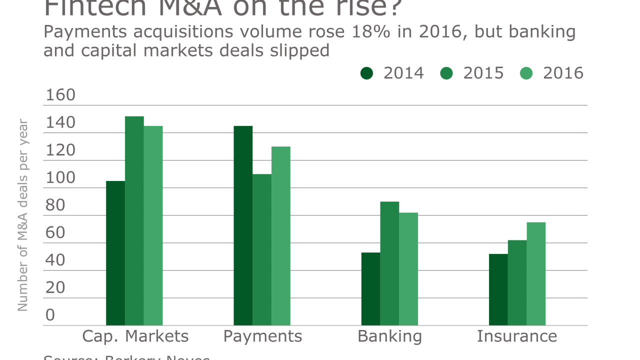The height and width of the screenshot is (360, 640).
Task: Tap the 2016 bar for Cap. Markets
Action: [x=153, y=225]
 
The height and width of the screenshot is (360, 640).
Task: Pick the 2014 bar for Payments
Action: [x=243, y=225]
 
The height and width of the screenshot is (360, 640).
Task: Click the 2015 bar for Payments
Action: [x=262, y=249]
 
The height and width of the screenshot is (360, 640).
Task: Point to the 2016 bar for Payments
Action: [x=281, y=236]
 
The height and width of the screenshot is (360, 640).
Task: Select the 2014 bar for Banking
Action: [x=370, y=289]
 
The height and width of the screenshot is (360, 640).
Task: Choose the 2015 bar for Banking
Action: [x=389, y=263]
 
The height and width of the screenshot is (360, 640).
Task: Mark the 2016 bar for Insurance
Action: [x=536, y=274]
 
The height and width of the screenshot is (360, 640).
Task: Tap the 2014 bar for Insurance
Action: [x=498, y=289]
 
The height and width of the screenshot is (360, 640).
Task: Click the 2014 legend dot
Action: [x=367, y=73]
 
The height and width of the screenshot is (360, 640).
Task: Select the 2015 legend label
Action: [x=483, y=73]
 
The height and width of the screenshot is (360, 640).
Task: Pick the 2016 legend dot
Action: [x=526, y=73]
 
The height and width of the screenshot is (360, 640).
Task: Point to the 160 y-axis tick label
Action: [x=60, y=95]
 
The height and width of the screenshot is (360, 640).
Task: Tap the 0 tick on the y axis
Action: [x=50, y=315]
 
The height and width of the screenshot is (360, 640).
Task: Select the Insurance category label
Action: [x=516, y=336]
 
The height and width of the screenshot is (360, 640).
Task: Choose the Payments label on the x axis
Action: [x=262, y=336]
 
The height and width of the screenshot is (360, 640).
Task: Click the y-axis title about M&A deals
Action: [x=23, y=215]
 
